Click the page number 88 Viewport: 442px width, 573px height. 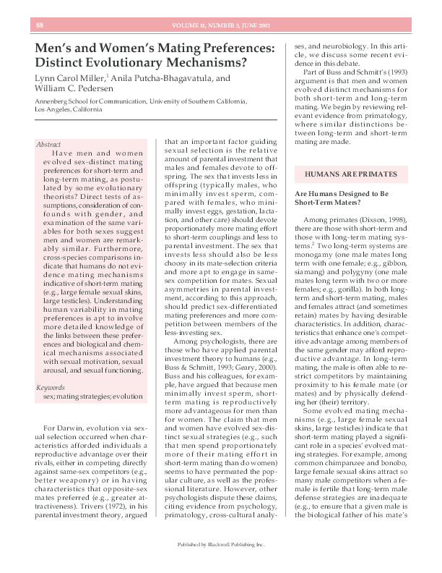click(x=39, y=26)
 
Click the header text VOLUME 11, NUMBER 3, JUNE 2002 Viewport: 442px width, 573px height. click(x=221, y=26)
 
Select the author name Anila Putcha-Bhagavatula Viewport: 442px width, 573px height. click(x=162, y=78)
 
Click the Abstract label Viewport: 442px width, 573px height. click(x=48, y=145)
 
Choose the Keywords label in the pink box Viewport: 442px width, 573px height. click(x=51, y=388)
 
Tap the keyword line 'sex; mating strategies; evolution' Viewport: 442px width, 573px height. click(x=93, y=396)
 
